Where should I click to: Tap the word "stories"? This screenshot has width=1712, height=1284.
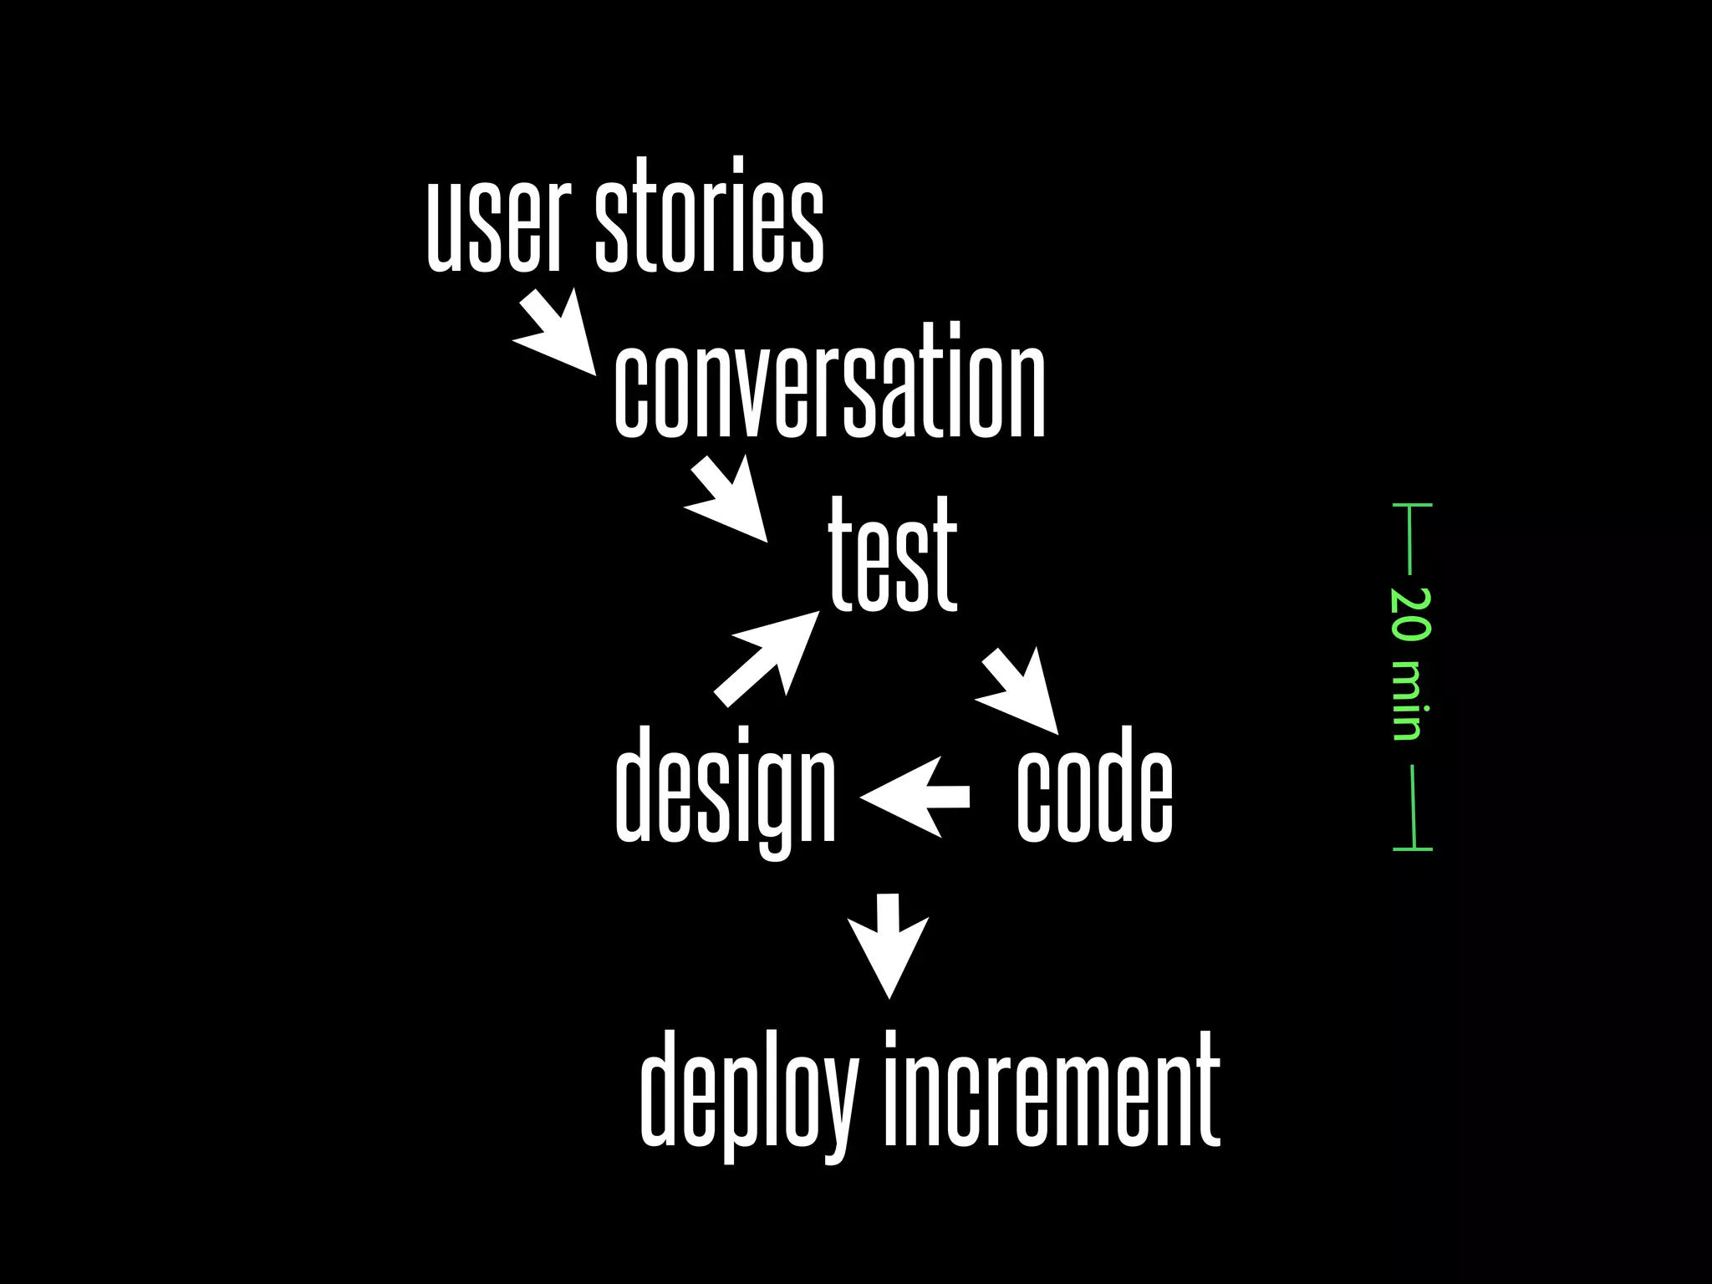709,216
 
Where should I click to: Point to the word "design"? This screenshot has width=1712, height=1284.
725,786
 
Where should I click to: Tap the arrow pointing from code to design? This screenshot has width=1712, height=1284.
915,796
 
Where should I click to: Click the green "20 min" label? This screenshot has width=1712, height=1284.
1411,664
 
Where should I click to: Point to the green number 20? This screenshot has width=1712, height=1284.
1411,615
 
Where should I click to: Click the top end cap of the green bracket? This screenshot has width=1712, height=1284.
1413,506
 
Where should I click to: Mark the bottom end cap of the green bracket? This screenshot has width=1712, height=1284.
1413,849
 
